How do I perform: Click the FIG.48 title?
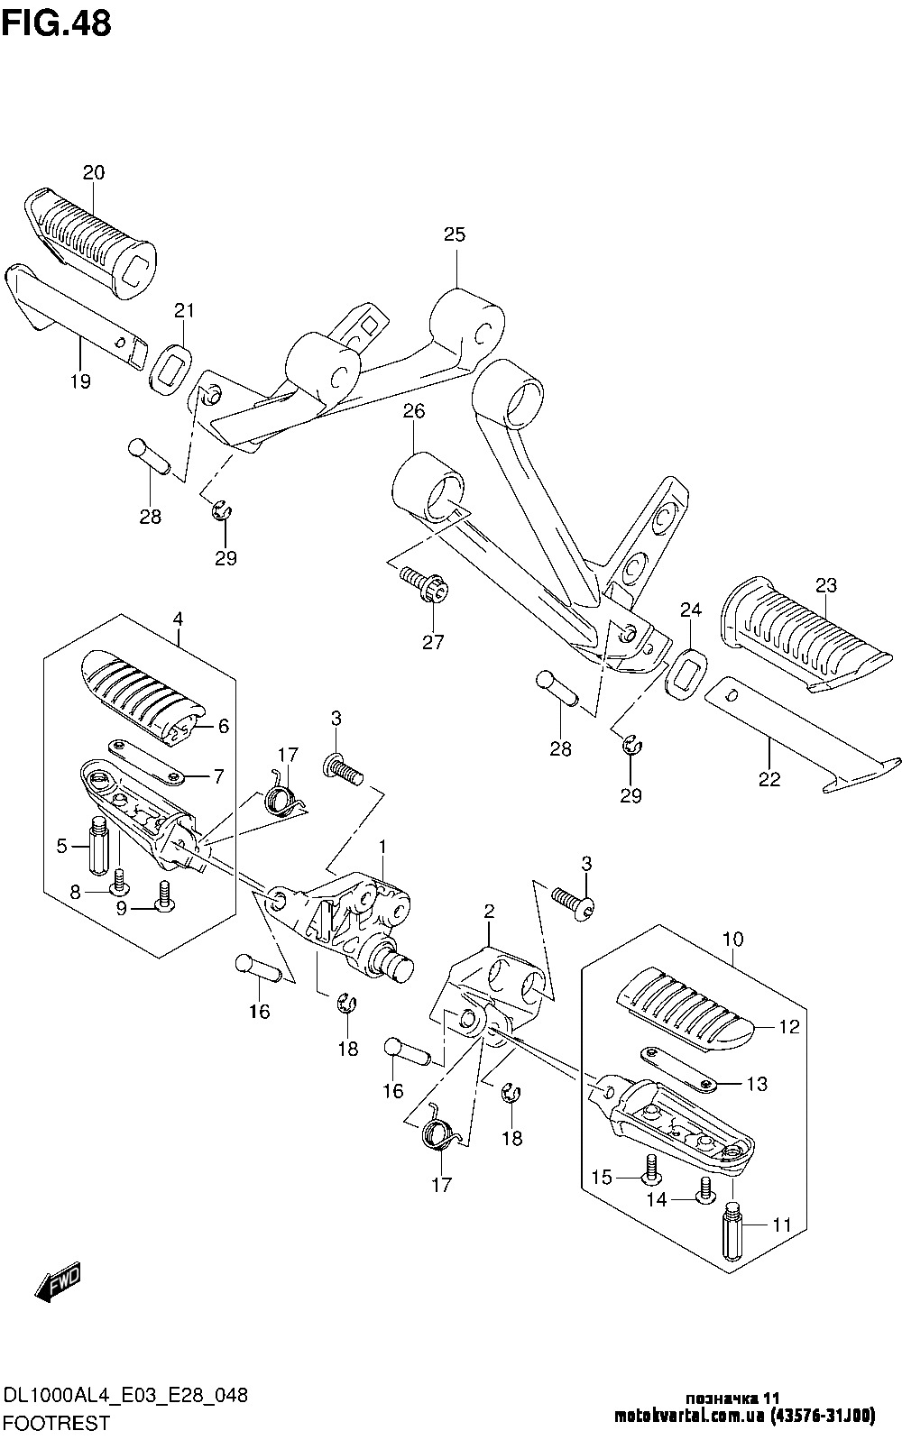point(57,23)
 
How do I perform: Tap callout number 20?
point(93,172)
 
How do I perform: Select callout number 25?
point(455,234)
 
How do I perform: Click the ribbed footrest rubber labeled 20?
point(90,243)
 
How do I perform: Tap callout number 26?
point(414,411)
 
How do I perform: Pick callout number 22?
point(769,779)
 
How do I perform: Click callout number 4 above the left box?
point(178,619)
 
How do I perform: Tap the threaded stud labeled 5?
point(98,845)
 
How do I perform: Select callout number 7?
point(218,776)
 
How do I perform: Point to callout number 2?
point(489,911)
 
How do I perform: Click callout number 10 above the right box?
point(733,940)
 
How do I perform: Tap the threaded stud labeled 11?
point(733,1231)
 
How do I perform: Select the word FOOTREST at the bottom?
point(57,1422)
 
